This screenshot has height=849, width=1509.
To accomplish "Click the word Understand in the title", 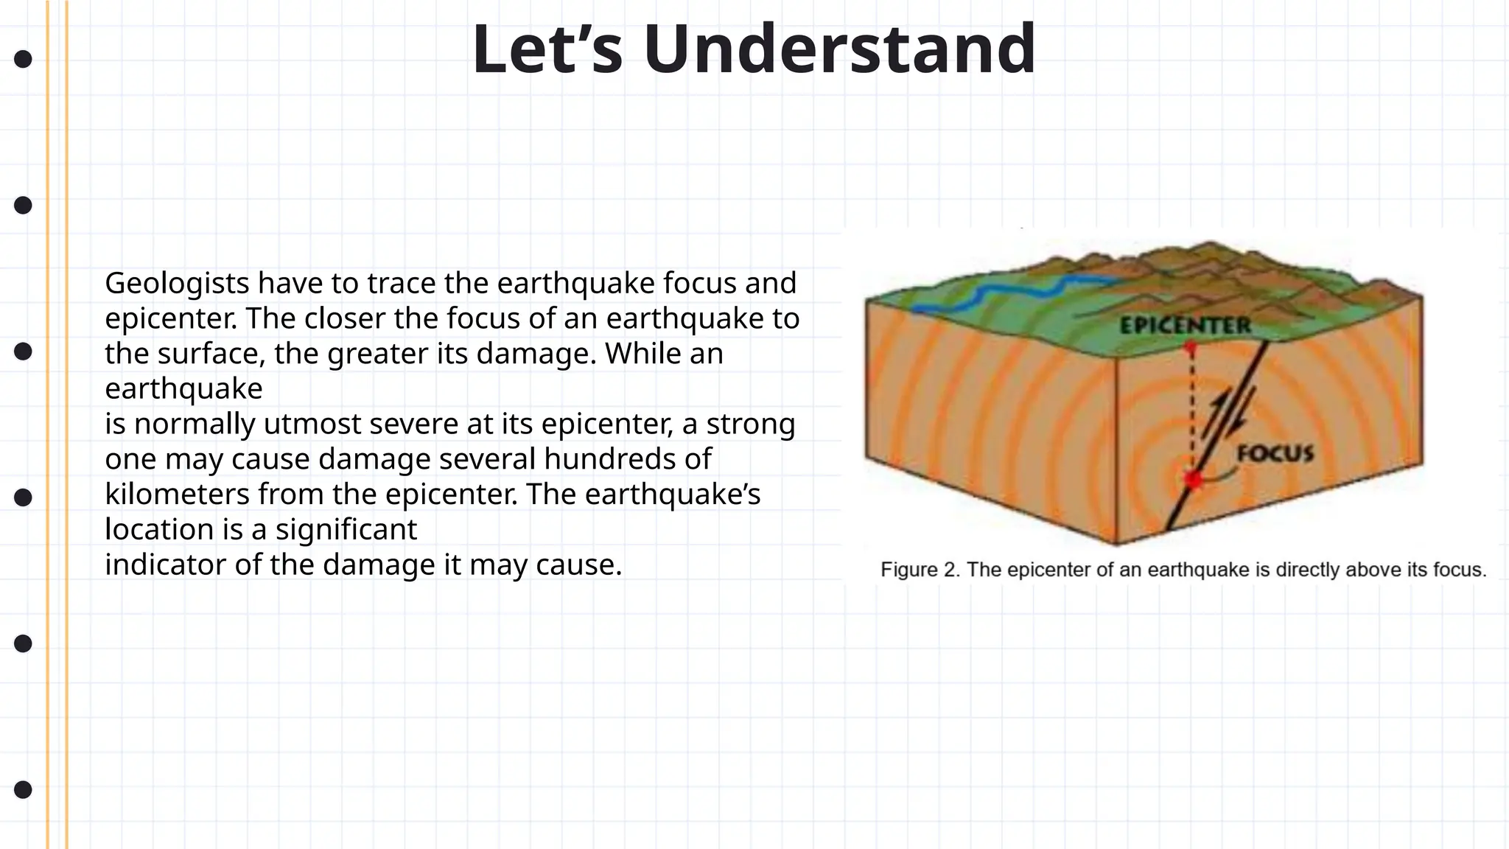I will (839, 49).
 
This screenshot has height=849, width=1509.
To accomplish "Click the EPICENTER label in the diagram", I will (1185, 325).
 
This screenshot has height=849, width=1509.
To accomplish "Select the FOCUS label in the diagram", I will (1275, 453).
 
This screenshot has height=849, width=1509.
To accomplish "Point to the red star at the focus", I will (1193, 480).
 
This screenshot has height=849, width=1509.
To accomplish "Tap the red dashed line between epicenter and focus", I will (1191, 413).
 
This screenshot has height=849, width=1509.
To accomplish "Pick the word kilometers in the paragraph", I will (177, 495).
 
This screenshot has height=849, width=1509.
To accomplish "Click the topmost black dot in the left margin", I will (23, 59).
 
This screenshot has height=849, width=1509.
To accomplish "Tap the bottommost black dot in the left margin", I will (23, 789).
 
